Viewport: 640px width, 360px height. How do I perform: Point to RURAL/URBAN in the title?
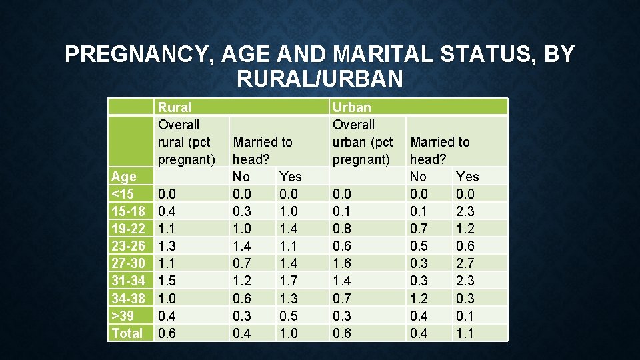point(319,79)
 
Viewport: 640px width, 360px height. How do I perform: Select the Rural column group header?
point(174,107)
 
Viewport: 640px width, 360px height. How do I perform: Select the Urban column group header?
point(351,107)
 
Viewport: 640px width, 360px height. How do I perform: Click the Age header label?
point(124,177)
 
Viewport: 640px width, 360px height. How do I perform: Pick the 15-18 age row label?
point(129,211)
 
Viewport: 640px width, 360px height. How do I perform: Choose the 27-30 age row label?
point(129,263)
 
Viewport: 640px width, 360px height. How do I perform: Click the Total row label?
point(127,333)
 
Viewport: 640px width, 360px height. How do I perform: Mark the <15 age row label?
point(123,194)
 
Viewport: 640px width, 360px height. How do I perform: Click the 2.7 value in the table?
point(466,263)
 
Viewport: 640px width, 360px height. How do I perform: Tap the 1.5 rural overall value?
point(167,281)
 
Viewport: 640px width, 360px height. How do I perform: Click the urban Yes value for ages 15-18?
point(466,211)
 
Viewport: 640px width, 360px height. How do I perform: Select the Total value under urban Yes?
point(466,333)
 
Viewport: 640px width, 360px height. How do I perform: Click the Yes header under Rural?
point(291,177)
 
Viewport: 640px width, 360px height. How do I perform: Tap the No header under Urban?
point(418,177)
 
